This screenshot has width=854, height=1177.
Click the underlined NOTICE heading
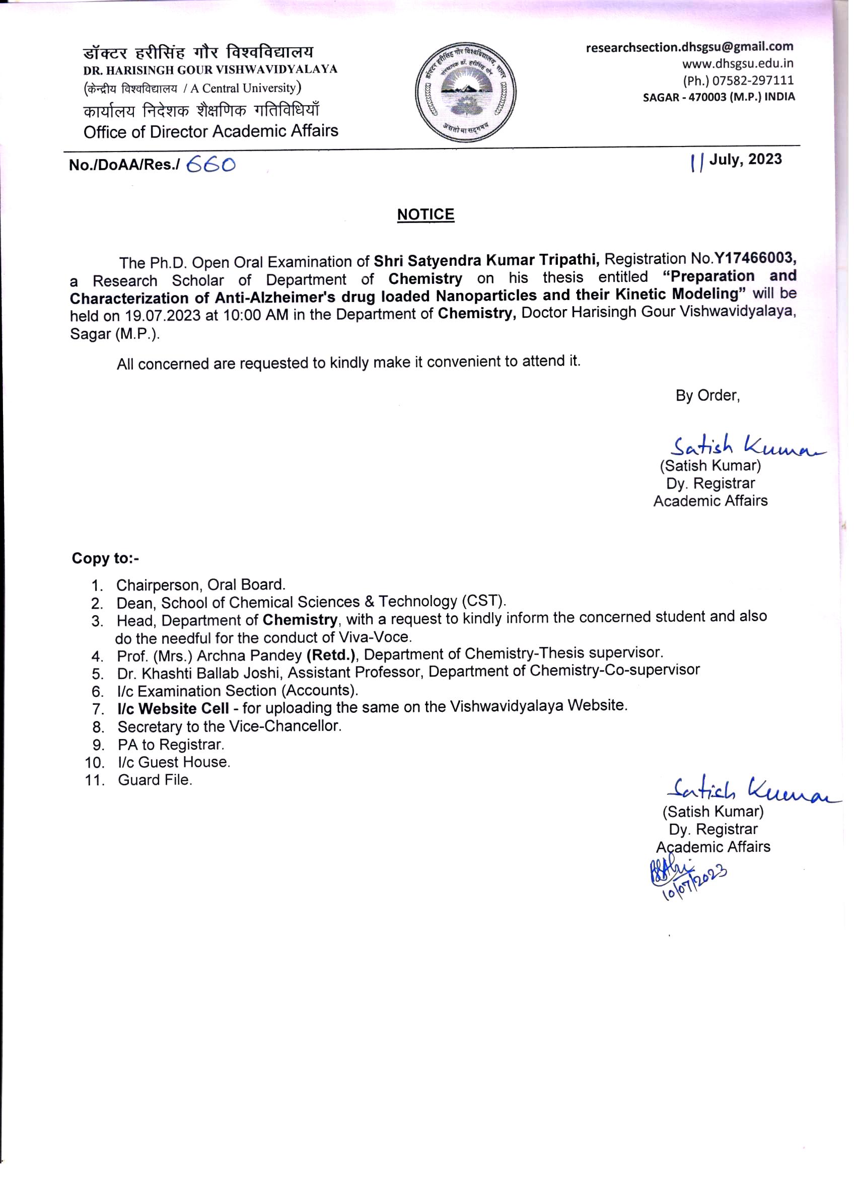click(425, 215)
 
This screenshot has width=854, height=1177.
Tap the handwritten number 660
click(210, 165)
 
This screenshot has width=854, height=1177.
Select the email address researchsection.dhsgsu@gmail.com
click(689, 47)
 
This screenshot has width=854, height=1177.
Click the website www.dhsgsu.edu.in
click(737, 64)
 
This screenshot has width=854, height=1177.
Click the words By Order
click(707, 396)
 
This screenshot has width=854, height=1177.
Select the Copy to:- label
click(105, 558)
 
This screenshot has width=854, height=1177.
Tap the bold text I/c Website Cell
click(173, 708)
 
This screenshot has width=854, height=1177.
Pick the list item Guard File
click(155, 779)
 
